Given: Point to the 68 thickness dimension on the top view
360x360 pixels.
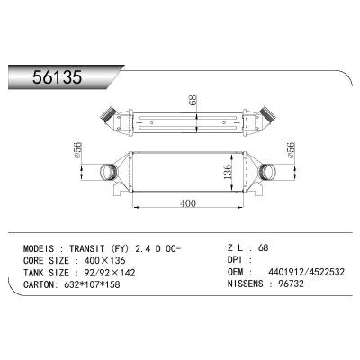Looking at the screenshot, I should point(193,102).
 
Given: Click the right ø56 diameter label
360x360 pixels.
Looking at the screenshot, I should point(294,149).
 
